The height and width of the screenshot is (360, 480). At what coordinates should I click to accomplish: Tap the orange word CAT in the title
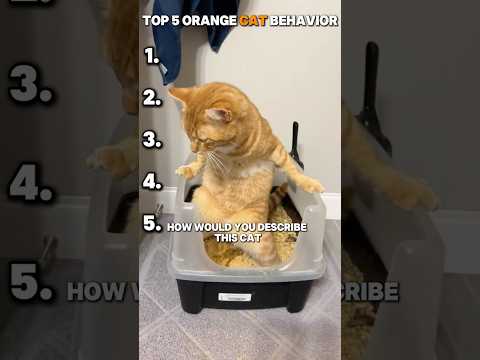coord(253,21)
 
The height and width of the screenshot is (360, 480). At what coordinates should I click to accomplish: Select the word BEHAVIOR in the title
coord(304,21)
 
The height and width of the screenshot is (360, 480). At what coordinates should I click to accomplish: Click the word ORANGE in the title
coord(210,21)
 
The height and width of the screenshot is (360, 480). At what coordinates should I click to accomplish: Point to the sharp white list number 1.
coord(152,56)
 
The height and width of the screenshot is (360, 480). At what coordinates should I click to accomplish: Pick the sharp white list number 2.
coord(152,98)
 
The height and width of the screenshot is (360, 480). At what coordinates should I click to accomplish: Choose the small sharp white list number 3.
coord(152,140)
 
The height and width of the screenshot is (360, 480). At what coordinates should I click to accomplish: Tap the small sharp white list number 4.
coord(152,182)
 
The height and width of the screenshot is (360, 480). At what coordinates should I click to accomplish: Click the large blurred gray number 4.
coord(31,182)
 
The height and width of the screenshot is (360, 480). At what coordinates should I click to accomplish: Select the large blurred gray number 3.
coord(30,84)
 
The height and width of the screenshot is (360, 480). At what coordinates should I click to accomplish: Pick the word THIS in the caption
coord(227,238)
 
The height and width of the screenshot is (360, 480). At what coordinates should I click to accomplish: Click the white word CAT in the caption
coord(251,238)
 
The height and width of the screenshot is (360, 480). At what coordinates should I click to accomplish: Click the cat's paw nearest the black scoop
coord(313,185)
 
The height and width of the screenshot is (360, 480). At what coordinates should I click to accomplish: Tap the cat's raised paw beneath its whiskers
coord(184,171)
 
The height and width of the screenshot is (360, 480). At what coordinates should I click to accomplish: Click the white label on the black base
coord(235,297)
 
